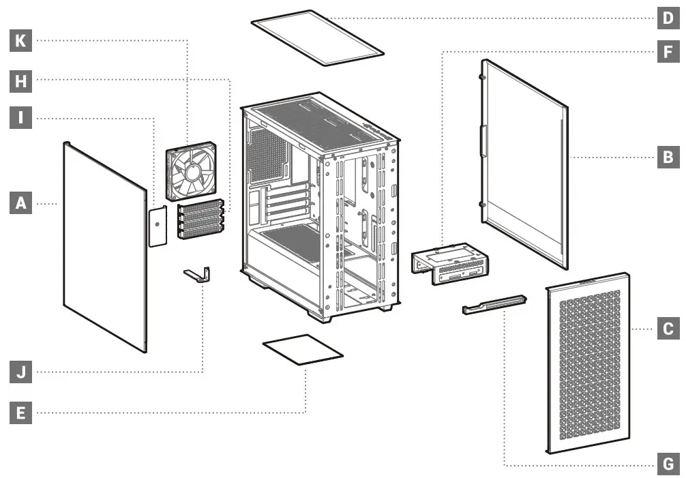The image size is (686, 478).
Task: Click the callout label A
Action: click(x=21, y=203)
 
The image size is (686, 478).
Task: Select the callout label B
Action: click(x=668, y=158)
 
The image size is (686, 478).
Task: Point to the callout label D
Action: click(x=668, y=18)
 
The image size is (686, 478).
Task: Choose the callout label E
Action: click(x=21, y=413)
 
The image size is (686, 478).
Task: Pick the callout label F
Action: click(x=668, y=52)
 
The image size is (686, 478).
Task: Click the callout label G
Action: click(x=668, y=466)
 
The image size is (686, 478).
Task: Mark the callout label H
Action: click(x=21, y=80)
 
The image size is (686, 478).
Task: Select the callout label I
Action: click(x=21, y=119)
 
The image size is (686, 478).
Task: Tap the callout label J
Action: click(x=21, y=372)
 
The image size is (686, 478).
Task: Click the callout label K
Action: click(x=21, y=42)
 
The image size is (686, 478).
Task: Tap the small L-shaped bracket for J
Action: click(x=198, y=274)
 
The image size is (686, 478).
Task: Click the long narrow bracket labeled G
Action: click(x=494, y=303)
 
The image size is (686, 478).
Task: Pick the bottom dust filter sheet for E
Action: click(x=302, y=350)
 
